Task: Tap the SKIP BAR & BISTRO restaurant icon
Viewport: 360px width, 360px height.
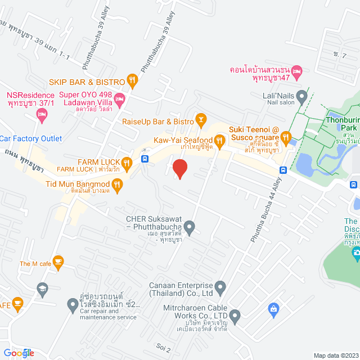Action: pyautogui.click(x=132, y=80)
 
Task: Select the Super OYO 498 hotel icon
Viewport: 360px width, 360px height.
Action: pyautogui.click(x=119, y=99)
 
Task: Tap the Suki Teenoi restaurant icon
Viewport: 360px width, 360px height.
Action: pyautogui.click(x=286, y=136)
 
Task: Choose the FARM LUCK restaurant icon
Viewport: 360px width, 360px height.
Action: pyautogui.click(x=127, y=163)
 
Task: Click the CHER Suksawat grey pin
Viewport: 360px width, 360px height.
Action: pyautogui.click(x=190, y=228)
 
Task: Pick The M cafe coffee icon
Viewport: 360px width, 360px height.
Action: pyautogui.click(x=57, y=261)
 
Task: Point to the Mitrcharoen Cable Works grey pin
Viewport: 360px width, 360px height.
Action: pyautogui.click(x=235, y=319)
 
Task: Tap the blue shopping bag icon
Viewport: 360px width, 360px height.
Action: pyautogui.click(x=273, y=308)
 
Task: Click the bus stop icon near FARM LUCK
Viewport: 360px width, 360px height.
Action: pyautogui.click(x=146, y=159)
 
